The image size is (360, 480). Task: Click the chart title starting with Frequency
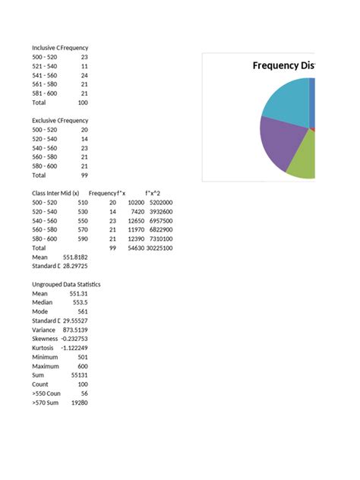tap(283, 65)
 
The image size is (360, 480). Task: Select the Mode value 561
tap(82, 311)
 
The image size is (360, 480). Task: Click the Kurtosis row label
tap(45, 348)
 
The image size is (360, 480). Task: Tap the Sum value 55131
tap(78, 375)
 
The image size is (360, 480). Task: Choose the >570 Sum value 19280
tap(78, 403)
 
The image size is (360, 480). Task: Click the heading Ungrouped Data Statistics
tap(66, 284)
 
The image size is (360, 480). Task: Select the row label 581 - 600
tap(44, 93)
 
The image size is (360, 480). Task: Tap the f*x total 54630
tap(134, 248)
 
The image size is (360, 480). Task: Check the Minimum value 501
tap(82, 357)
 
